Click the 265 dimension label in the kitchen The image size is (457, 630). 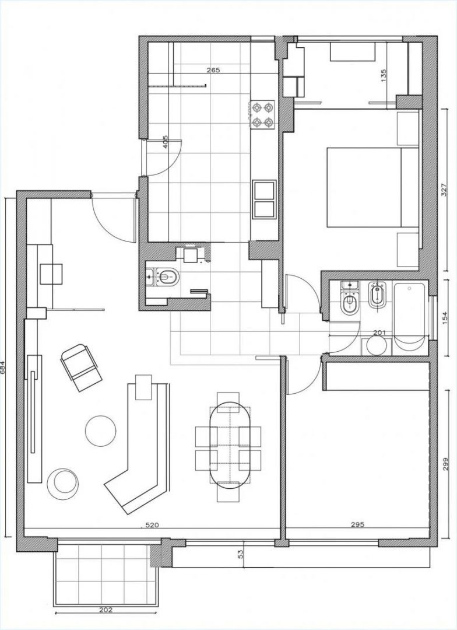213,70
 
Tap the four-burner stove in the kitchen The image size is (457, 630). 263,114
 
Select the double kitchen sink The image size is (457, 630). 264,199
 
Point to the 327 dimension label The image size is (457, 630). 444,190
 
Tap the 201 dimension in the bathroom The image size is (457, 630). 379,332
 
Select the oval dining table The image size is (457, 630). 230,445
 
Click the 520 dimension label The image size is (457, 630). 152,525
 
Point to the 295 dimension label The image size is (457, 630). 357,524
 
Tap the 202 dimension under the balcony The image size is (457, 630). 105,621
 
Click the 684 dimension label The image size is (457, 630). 3,367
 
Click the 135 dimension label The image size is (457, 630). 383,76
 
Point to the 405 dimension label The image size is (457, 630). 166,142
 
